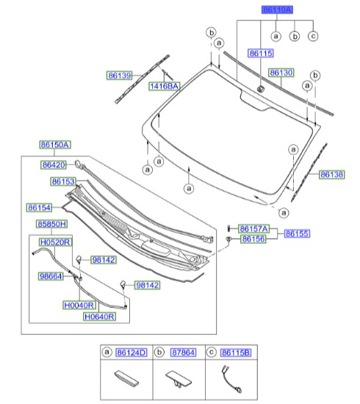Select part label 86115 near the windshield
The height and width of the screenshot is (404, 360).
click(x=260, y=54)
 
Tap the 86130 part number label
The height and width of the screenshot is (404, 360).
click(x=281, y=73)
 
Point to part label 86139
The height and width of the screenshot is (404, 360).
click(x=118, y=75)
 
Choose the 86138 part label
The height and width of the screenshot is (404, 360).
click(x=331, y=174)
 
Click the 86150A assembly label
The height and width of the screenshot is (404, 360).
click(x=55, y=145)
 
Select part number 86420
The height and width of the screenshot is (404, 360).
click(x=54, y=165)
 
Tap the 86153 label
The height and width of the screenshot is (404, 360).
click(x=64, y=181)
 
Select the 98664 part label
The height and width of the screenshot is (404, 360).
click(x=51, y=276)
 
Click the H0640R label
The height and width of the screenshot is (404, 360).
click(x=99, y=317)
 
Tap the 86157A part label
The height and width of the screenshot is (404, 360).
click(x=255, y=228)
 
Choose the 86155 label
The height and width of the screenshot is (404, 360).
click(x=298, y=234)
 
